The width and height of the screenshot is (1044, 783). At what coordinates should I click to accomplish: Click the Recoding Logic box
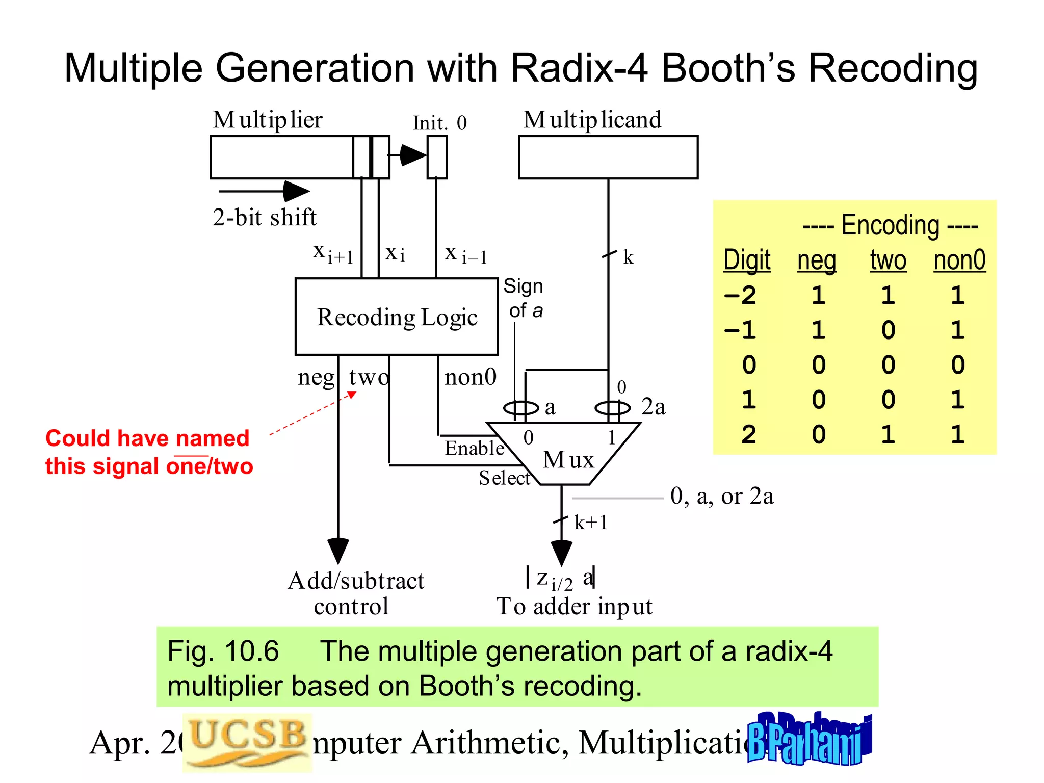coord(396,317)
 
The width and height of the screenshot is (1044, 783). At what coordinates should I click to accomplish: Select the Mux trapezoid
coord(564,454)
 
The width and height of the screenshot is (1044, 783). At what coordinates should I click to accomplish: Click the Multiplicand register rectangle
coord(608,157)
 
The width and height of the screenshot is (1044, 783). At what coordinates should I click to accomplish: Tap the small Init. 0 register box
coord(437,157)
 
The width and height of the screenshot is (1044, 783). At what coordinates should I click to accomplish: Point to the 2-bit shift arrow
coord(265,191)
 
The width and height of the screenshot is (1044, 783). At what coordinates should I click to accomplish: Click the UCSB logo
coord(247,742)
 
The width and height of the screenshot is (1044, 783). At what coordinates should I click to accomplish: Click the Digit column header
coord(747,260)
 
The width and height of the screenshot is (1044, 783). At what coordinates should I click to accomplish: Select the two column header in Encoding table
coord(888,260)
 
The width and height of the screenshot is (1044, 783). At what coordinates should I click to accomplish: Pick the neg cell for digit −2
coord(818,295)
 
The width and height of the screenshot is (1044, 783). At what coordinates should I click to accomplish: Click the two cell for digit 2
coord(888,434)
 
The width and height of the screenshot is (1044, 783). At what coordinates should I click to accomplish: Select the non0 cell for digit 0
coord(957,365)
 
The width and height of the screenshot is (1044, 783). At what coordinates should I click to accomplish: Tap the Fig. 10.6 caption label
coord(223,651)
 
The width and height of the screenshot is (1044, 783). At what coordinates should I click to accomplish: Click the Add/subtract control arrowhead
coord(338,551)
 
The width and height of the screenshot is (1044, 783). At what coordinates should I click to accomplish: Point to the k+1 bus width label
coord(590,523)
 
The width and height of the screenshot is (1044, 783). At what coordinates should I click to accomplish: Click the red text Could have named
coord(147,438)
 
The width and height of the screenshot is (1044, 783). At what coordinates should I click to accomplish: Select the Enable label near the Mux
coord(474,448)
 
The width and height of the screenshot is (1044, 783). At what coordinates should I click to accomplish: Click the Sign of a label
coord(524,298)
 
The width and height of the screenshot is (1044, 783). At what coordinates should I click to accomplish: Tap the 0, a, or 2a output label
coord(721,496)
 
